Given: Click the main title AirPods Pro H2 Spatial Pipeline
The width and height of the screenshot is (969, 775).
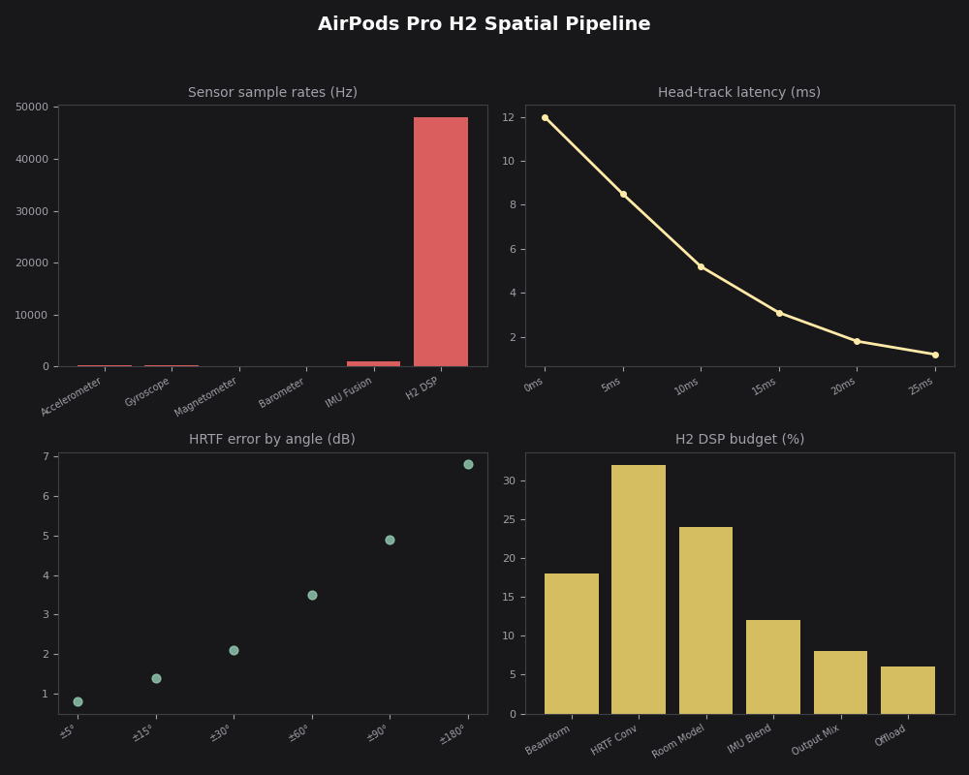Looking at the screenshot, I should coord(484,24).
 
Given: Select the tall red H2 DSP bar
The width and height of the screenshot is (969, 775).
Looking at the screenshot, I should coord(441,241).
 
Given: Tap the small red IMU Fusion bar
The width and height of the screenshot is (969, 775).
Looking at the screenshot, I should coord(373,363).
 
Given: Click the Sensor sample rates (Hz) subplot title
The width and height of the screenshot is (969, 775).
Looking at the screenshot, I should coord(272,93).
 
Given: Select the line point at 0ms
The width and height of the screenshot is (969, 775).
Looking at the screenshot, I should coord(545,117).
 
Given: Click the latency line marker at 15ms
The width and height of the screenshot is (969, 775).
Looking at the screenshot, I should coord(779,313).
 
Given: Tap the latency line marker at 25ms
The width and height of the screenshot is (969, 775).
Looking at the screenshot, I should coord(935,355).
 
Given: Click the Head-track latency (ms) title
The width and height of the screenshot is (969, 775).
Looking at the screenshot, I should coord(738,93).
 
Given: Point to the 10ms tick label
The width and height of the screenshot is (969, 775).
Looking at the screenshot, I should coord(687,387).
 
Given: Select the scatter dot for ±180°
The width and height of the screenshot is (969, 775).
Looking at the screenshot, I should coord(468,464).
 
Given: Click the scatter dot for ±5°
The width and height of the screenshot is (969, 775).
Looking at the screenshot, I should coord(78,701).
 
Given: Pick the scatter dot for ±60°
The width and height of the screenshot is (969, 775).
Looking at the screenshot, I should coord(312,595).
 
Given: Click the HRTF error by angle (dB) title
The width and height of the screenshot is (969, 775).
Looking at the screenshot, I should coord(272,440).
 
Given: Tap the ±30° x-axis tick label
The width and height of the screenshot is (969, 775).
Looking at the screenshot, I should coord(220,733).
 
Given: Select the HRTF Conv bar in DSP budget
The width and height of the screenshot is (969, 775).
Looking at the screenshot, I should coord(639,589).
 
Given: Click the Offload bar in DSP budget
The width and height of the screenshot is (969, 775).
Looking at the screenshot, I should coord(908,690).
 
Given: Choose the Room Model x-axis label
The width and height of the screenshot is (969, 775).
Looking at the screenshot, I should coord(679,741).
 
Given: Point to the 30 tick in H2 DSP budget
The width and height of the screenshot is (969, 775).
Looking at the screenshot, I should coord(509,480).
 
